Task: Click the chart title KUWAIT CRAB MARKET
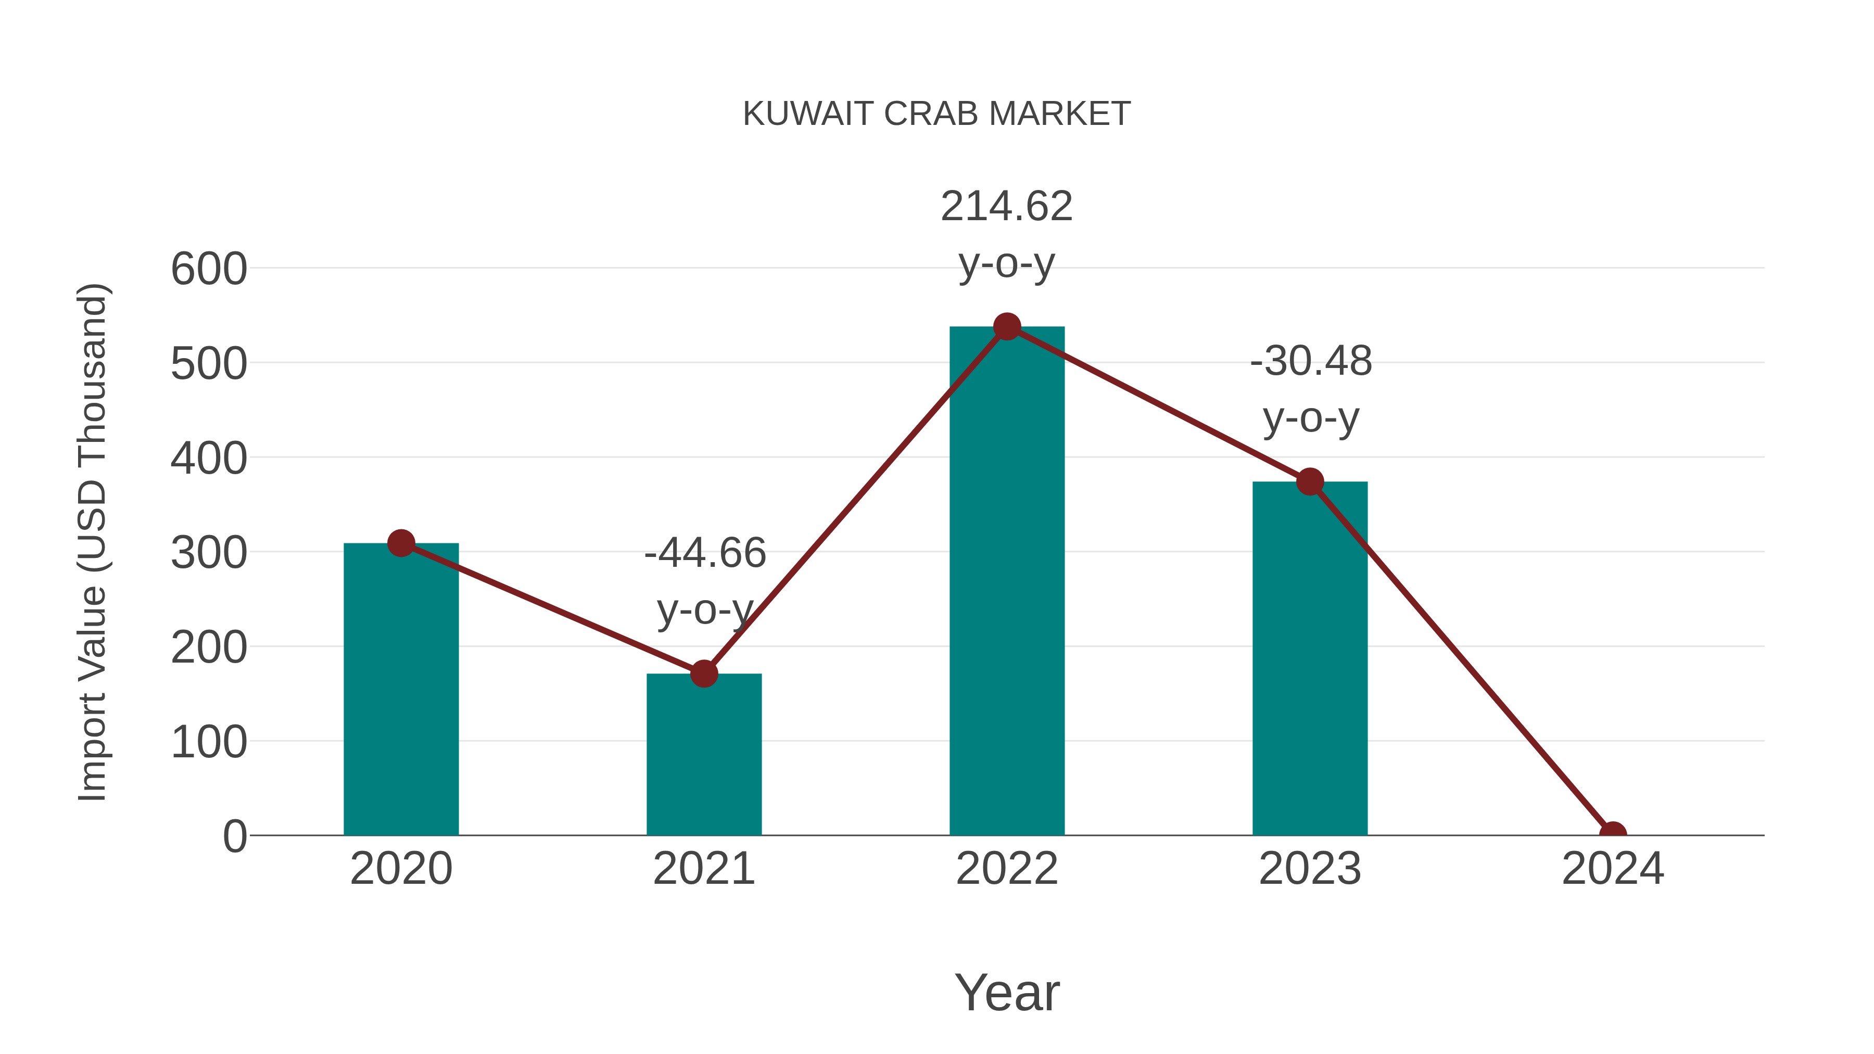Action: coord(936,114)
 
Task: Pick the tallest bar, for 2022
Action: coord(1007,582)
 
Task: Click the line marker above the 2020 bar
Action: coord(401,543)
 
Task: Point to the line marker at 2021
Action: coord(703,674)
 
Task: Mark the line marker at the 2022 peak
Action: coord(1007,326)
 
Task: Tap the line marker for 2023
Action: coord(1310,481)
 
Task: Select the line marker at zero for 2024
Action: coord(1613,834)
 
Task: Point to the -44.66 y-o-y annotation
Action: coord(705,580)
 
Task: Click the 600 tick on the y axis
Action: coord(209,269)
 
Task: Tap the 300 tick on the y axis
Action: coord(209,553)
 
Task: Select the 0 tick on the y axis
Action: coord(234,836)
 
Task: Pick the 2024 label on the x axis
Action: coord(1613,869)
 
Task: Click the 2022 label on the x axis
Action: coord(1007,869)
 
